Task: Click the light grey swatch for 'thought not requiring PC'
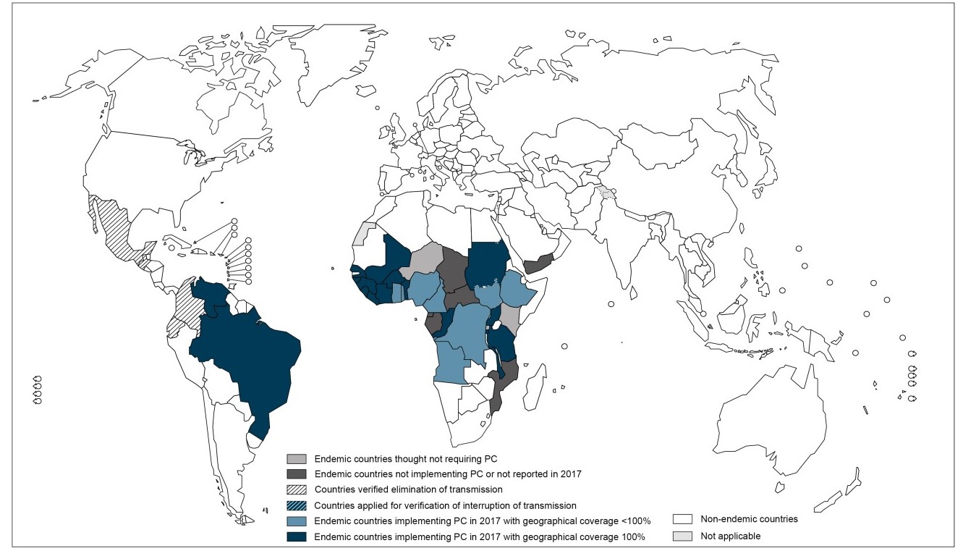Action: (x=297, y=459)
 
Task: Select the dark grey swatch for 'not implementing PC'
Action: (x=297, y=474)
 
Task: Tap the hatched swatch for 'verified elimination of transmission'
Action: (x=297, y=489)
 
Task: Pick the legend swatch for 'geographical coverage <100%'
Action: (x=297, y=521)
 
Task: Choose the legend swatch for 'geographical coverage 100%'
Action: (x=297, y=536)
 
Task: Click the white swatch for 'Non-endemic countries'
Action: (x=683, y=519)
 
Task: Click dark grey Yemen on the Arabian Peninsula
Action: (x=539, y=264)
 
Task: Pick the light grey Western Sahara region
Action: (x=366, y=235)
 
